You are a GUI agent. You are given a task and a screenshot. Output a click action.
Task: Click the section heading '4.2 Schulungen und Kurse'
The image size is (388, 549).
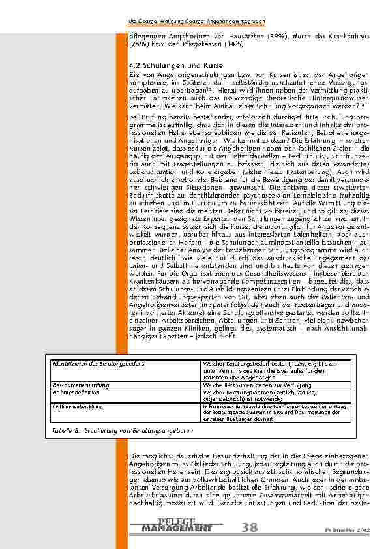168,67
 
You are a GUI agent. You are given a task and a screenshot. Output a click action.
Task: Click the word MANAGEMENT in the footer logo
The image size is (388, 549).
177,527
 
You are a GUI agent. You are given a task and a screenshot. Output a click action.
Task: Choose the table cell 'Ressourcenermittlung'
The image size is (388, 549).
73,385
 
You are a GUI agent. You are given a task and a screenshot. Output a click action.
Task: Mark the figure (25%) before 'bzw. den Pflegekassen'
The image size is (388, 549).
138,44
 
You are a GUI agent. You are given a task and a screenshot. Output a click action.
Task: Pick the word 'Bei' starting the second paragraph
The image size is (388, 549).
134,115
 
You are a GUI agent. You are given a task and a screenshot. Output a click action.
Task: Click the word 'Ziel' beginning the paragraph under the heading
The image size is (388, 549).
136,76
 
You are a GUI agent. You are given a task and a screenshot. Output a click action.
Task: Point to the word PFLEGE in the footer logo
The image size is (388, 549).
177,520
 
